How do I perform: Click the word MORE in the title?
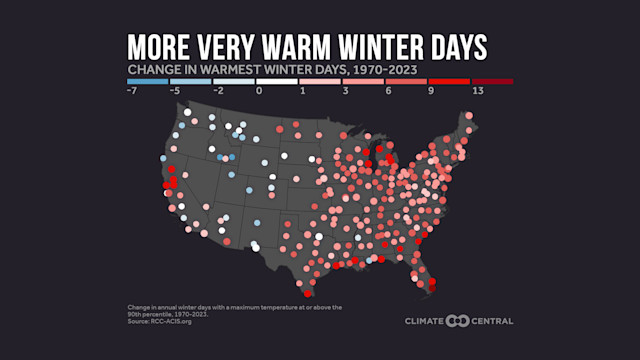[163, 48]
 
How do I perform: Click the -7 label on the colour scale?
[131, 91]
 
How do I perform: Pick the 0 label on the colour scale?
[259, 91]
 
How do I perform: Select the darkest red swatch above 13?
[492, 81]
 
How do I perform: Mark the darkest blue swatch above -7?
[148, 81]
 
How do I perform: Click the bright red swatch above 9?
[449, 81]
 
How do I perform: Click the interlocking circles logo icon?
[457, 321]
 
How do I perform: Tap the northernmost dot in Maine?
[466, 116]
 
